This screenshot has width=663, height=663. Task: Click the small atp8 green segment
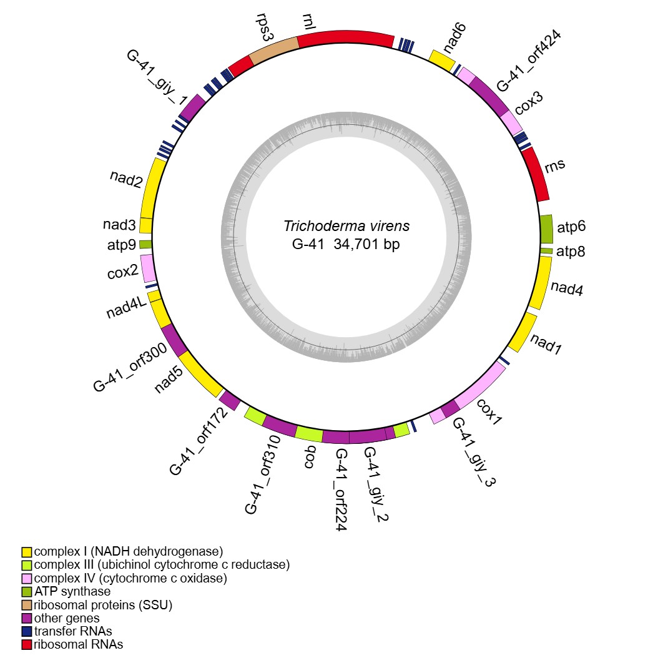click(546, 251)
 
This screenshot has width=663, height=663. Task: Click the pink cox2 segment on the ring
click(149, 268)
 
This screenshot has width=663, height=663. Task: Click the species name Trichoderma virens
click(346, 226)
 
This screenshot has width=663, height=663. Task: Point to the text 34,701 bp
click(366, 245)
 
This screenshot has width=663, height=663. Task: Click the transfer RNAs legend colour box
click(27, 631)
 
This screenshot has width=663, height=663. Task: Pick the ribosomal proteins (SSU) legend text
click(103, 604)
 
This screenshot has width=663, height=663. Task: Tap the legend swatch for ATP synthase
click(27, 591)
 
